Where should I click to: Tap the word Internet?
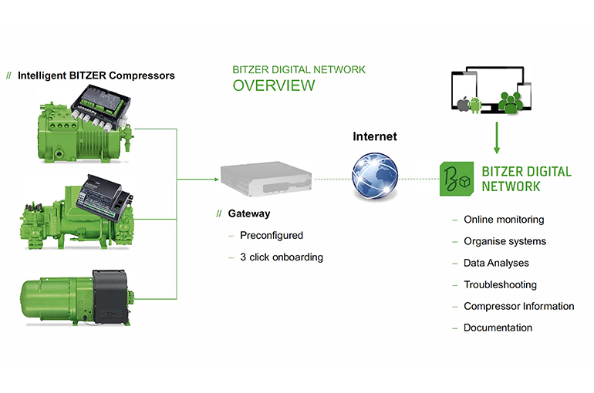pos(375,137)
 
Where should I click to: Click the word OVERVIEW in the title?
pos(273,86)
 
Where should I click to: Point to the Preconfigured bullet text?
pos(271,235)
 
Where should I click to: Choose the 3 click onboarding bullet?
pos(281,257)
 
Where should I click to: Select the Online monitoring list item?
pos(504,220)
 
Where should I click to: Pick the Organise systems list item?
pos(505,241)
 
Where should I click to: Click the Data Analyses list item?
pos(496,263)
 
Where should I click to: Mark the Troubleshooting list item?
pos(500,284)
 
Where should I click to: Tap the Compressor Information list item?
pos(518,306)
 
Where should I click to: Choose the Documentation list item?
pos(498,327)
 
